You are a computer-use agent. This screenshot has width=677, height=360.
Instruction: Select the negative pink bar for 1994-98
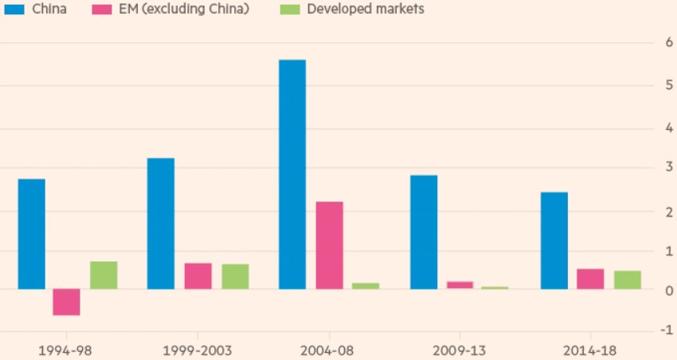point(66,302)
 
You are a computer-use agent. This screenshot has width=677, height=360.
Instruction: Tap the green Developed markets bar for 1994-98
point(104,275)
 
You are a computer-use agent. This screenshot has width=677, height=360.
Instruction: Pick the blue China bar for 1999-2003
point(161,223)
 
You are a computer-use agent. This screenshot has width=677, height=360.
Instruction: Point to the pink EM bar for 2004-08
point(329,245)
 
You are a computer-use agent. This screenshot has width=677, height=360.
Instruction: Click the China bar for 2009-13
point(424,232)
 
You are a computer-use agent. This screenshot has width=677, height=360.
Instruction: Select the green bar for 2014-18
point(627,280)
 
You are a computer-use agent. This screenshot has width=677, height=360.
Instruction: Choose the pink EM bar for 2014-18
point(590,279)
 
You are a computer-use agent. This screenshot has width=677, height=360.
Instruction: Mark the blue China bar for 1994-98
point(32,233)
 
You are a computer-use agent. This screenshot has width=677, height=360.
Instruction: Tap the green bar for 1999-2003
point(235,276)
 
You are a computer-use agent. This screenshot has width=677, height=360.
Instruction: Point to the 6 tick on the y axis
point(658,43)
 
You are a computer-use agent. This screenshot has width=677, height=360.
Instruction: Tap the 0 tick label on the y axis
point(658,290)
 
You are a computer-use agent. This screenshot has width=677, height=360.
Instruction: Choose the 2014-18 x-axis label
point(590,349)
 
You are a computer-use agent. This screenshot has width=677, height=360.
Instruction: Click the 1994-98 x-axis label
point(66,349)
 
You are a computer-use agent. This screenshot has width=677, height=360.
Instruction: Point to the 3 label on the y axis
point(658,166)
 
